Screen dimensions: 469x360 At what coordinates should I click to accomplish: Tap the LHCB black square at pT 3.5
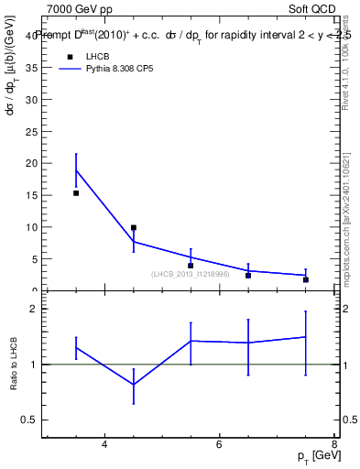(x=76, y=193)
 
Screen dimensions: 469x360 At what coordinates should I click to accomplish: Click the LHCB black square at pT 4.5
(x=134, y=227)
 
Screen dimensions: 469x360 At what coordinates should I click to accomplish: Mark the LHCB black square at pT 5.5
(x=191, y=266)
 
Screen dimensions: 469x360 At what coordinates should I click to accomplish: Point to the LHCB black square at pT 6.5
(x=248, y=275)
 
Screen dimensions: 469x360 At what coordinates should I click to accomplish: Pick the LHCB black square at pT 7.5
(x=306, y=279)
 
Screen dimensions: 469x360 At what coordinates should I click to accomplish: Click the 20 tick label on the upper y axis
(x=31, y=163)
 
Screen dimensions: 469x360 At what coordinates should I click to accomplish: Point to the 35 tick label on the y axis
(x=31, y=67)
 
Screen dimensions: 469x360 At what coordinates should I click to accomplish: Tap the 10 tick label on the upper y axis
(x=31, y=227)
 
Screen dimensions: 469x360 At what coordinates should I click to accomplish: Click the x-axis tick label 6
(x=220, y=445)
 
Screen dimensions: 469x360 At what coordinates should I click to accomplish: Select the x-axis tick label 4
(x=104, y=445)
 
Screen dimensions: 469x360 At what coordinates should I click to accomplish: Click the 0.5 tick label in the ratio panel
(x=28, y=420)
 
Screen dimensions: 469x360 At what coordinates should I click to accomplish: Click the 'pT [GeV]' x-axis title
(x=313, y=455)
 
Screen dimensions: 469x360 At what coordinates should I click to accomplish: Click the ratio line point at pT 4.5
(x=134, y=385)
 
